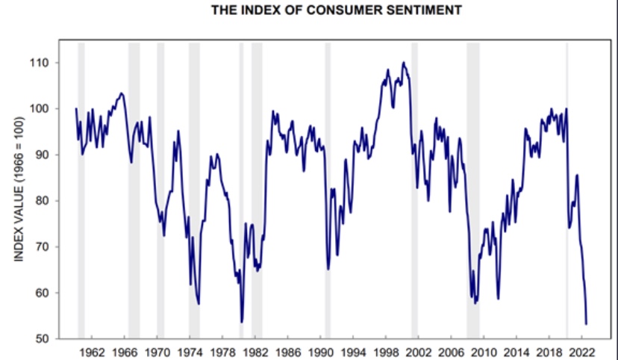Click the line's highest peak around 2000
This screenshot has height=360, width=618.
click(403, 63)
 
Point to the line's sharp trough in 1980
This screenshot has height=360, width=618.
click(242, 322)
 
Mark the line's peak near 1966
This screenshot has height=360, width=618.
click(122, 93)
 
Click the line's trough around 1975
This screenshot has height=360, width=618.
click(199, 303)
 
